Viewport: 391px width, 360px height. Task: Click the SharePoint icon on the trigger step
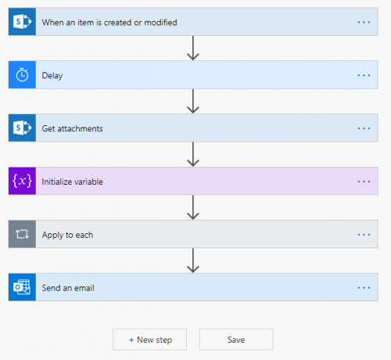point(22,22)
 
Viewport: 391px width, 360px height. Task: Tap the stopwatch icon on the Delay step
point(22,75)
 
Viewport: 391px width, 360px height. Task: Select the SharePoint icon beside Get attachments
point(22,128)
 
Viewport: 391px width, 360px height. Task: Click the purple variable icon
point(22,182)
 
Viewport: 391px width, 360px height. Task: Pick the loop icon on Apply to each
point(22,234)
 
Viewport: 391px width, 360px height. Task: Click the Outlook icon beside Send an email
point(22,287)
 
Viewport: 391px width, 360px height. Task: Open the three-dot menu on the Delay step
point(364,75)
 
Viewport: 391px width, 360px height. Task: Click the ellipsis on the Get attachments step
point(364,128)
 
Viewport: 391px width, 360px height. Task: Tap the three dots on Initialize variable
point(364,182)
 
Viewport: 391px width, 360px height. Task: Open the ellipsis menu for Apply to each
point(364,234)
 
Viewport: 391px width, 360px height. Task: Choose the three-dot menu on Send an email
point(364,287)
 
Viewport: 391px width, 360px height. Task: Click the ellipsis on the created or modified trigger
point(364,22)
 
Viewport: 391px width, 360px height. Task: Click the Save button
point(236,340)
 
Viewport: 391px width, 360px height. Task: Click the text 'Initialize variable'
point(72,182)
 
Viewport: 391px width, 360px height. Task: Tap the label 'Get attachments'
point(72,128)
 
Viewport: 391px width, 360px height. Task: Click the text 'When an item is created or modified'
point(109,22)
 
